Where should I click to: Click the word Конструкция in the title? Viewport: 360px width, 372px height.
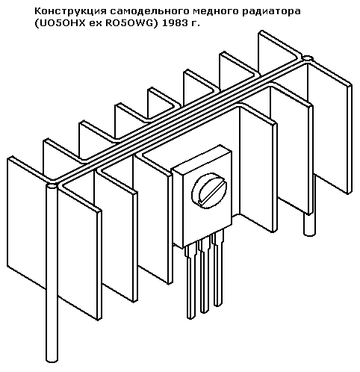(x=71, y=11)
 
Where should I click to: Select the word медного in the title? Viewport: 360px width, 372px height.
(x=210, y=11)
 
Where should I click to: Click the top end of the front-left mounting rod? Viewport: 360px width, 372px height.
(x=52, y=186)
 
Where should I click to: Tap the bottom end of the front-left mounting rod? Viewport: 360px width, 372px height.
(x=52, y=359)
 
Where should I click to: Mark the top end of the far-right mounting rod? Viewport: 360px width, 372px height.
(x=308, y=58)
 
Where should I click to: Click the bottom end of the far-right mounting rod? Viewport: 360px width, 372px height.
(x=309, y=233)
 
